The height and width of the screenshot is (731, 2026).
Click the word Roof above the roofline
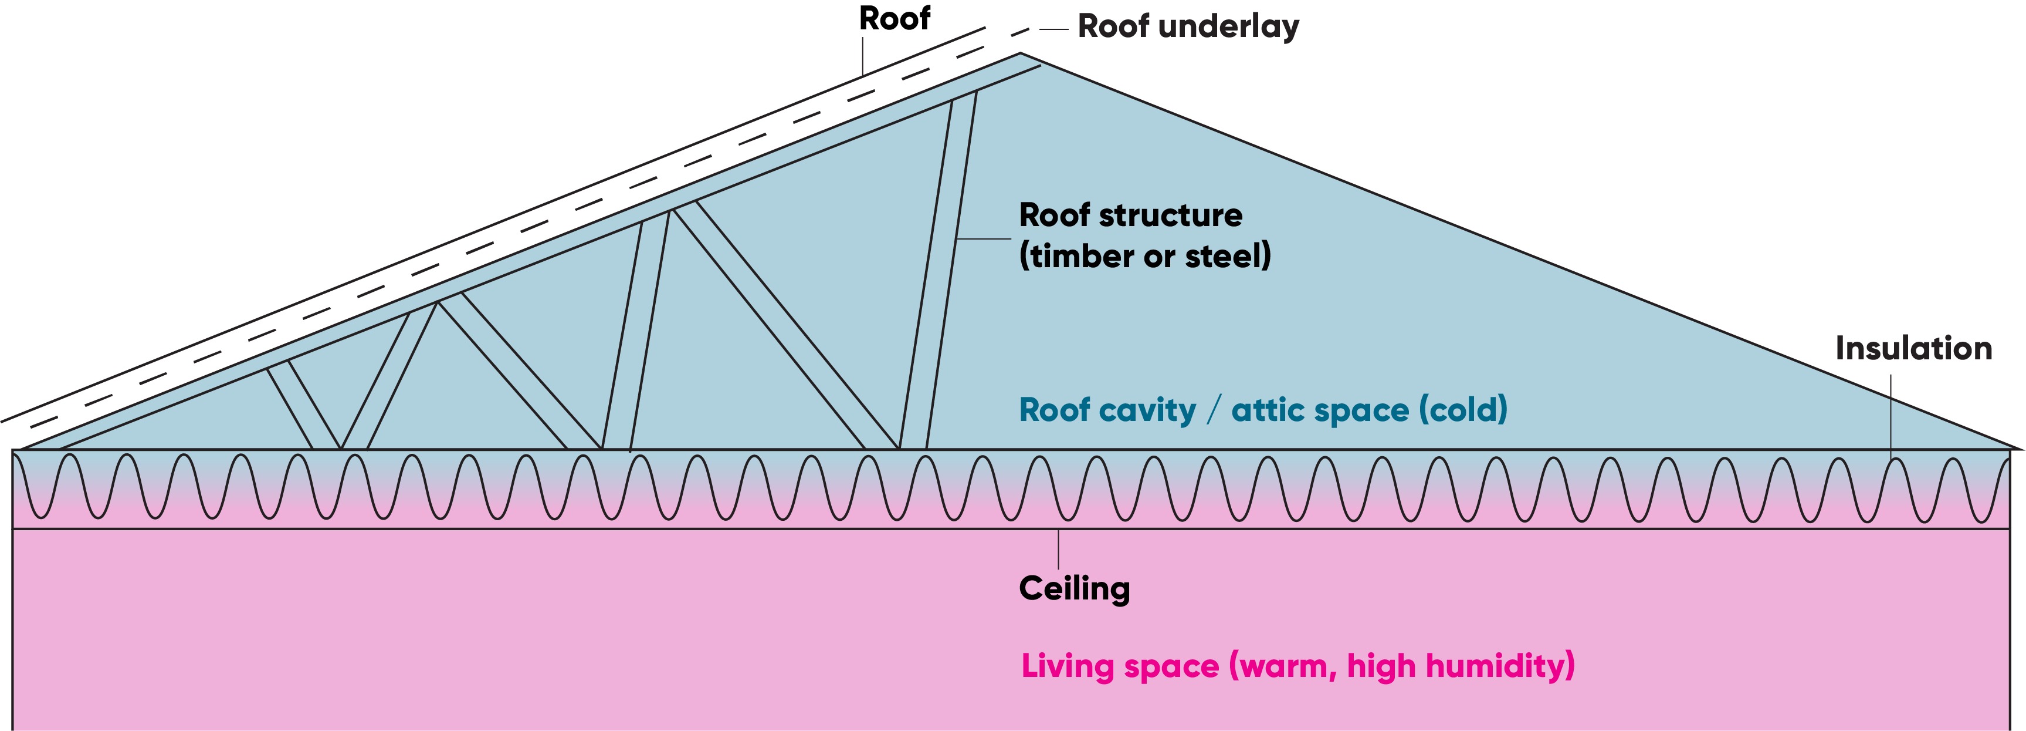895,19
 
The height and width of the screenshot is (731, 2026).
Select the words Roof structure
1130,215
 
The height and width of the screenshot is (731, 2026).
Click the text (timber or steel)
1144,257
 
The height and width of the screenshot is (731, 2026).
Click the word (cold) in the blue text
1463,410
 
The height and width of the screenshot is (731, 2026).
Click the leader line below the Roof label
863,56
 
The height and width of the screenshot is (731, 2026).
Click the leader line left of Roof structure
983,238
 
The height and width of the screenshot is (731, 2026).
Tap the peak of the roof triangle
1020,53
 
